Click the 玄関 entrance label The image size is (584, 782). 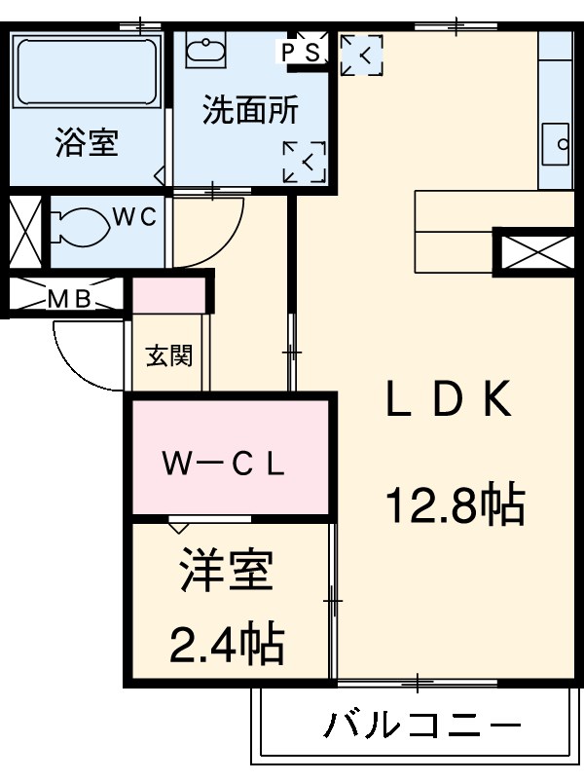168,355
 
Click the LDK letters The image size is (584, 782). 448,400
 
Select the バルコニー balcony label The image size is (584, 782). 420,726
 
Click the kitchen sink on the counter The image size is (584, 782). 557,145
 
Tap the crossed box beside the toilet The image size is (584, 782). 24,233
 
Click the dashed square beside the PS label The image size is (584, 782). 361,55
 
